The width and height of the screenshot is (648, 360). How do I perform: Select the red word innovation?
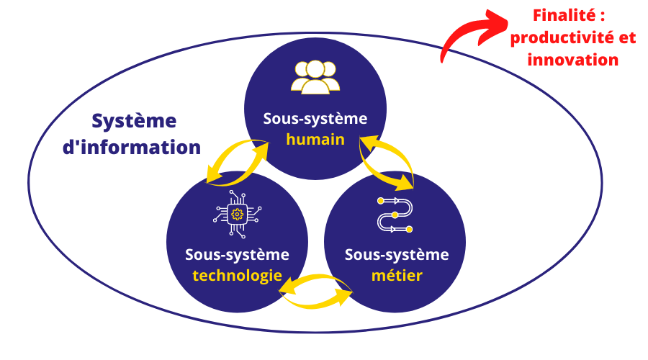tap(573, 60)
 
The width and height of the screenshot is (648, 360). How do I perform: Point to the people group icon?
tap(315, 76)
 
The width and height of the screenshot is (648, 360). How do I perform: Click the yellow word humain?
tap(315, 140)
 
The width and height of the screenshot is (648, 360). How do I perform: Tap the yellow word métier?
tap(396, 275)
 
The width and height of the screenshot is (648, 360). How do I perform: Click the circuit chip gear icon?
tap(236, 214)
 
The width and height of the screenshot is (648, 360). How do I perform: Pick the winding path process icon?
tap(395, 214)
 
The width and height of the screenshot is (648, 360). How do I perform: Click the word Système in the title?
tap(134, 121)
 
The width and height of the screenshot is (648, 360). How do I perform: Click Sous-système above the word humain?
tap(315, 119)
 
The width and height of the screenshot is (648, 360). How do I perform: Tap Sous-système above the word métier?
tap(396, 254)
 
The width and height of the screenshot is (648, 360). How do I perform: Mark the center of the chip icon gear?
tap(236, 214)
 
